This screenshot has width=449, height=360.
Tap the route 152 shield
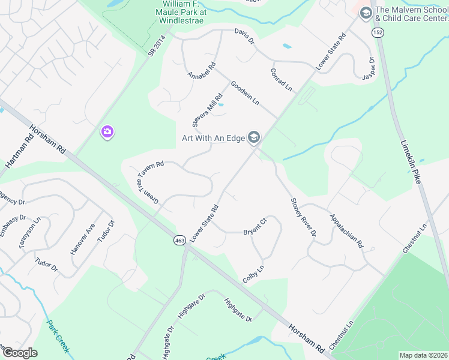point(377,32)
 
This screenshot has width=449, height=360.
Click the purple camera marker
point(107,132)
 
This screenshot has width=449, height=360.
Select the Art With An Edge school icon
point(254,139)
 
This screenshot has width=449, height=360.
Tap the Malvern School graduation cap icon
point(365,12)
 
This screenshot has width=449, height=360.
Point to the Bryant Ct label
point(255,229)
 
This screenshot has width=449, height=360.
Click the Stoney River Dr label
point(303,217)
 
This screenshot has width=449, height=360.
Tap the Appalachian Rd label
point(347,230)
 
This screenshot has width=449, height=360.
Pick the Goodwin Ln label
point(244,94)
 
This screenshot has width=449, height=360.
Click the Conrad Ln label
point(280,79)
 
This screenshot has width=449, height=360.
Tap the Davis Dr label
point(244,36)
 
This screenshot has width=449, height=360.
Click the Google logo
point(20,353)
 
